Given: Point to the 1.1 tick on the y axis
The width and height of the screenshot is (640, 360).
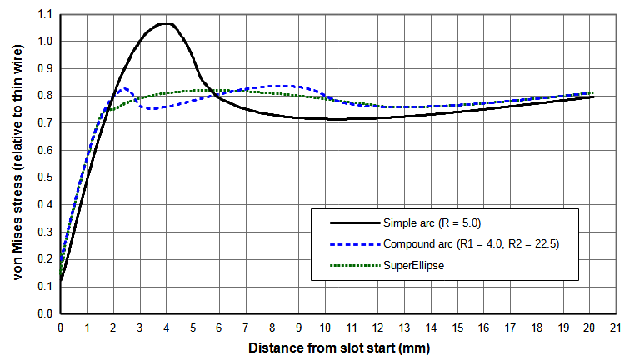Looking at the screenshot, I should [x=43, y=14].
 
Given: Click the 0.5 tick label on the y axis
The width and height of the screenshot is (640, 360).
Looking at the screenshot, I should [x=43, y=177].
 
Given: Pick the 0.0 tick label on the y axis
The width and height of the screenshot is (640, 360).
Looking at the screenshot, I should [x=43, y=314].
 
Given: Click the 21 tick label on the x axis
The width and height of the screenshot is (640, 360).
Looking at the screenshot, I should [x=616, y=327].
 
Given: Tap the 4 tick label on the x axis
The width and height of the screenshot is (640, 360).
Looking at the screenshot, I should [x=167, y=327].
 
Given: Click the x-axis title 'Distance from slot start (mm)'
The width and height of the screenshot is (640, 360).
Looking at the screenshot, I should [x=337, y=346].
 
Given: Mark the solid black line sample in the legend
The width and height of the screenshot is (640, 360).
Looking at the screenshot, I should [x=355, y=222].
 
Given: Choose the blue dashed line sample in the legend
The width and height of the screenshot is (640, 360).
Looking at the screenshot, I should [x=355, y=244].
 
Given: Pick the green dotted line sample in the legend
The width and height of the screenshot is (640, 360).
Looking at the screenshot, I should [x=355, y=266].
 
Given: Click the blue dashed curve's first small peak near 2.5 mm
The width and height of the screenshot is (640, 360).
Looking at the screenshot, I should [x=126, y=88].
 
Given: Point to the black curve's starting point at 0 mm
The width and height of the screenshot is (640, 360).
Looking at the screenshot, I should [x=61, y=281].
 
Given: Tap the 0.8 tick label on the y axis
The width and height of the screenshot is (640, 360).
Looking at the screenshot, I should [x=43, y=96].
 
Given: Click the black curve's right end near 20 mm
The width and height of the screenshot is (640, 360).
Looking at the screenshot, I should [x=592, y=97].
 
